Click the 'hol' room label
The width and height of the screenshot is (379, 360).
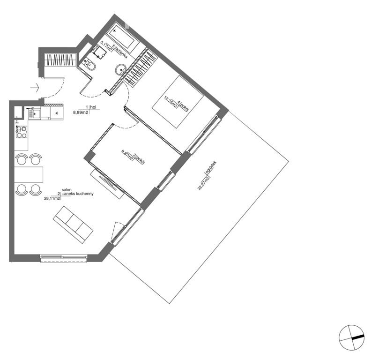93,107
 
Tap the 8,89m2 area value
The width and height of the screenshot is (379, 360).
81,112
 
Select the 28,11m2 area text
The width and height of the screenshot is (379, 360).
52,198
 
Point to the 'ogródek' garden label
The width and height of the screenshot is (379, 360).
210,167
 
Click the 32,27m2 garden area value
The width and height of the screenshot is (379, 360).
203,183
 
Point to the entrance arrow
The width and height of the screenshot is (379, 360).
35,88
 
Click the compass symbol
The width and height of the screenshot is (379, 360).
352,337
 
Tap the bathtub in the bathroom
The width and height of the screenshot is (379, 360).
123,36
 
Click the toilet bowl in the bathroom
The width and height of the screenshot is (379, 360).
91,66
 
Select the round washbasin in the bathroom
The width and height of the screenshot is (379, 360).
120,70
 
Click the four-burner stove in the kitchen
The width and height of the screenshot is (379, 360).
22,132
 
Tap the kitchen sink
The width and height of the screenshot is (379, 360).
35,113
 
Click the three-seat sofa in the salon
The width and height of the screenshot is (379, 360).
73,225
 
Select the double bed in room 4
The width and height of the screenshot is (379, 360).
178,102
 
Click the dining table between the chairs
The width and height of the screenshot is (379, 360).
29,174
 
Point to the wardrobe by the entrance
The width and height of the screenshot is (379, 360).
60,60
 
